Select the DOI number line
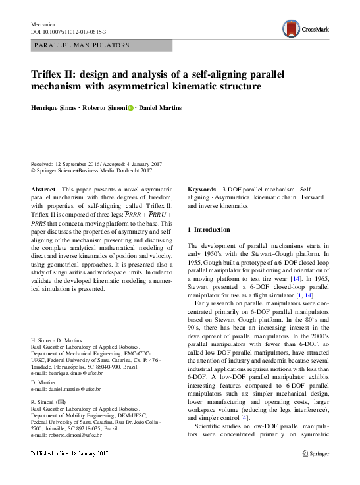coord(68,31)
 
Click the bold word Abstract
coord(43,189)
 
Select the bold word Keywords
coord(202,189)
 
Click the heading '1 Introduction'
coord(209,230)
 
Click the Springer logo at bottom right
coord(315,453)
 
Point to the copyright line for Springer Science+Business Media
coord(92,170)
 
